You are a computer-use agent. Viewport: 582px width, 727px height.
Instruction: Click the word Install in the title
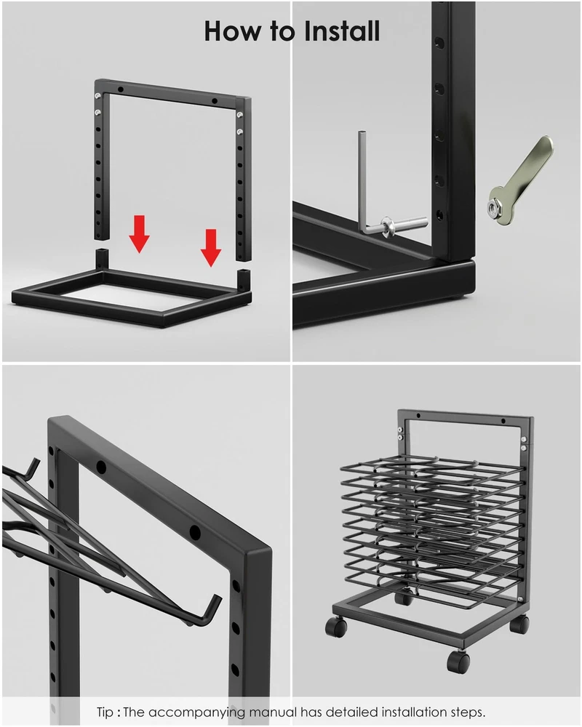342,31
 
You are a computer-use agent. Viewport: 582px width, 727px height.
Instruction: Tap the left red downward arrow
139,233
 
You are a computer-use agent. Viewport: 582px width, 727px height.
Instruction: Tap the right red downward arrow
211,248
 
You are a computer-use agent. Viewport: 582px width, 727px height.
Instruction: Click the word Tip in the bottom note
105,712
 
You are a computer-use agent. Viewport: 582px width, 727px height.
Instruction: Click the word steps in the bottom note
467,712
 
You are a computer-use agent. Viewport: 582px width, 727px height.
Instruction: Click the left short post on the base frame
102,260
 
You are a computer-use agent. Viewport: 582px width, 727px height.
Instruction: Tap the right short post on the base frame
243,280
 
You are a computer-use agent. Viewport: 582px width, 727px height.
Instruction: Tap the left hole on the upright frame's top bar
121,88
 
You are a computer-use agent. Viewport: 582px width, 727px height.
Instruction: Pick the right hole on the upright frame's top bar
215,100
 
